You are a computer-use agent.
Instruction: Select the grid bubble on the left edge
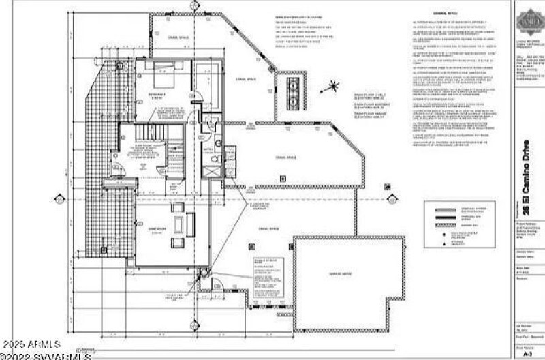[x=60, y=200]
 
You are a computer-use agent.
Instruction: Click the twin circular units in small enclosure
[x=294, y=93]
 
